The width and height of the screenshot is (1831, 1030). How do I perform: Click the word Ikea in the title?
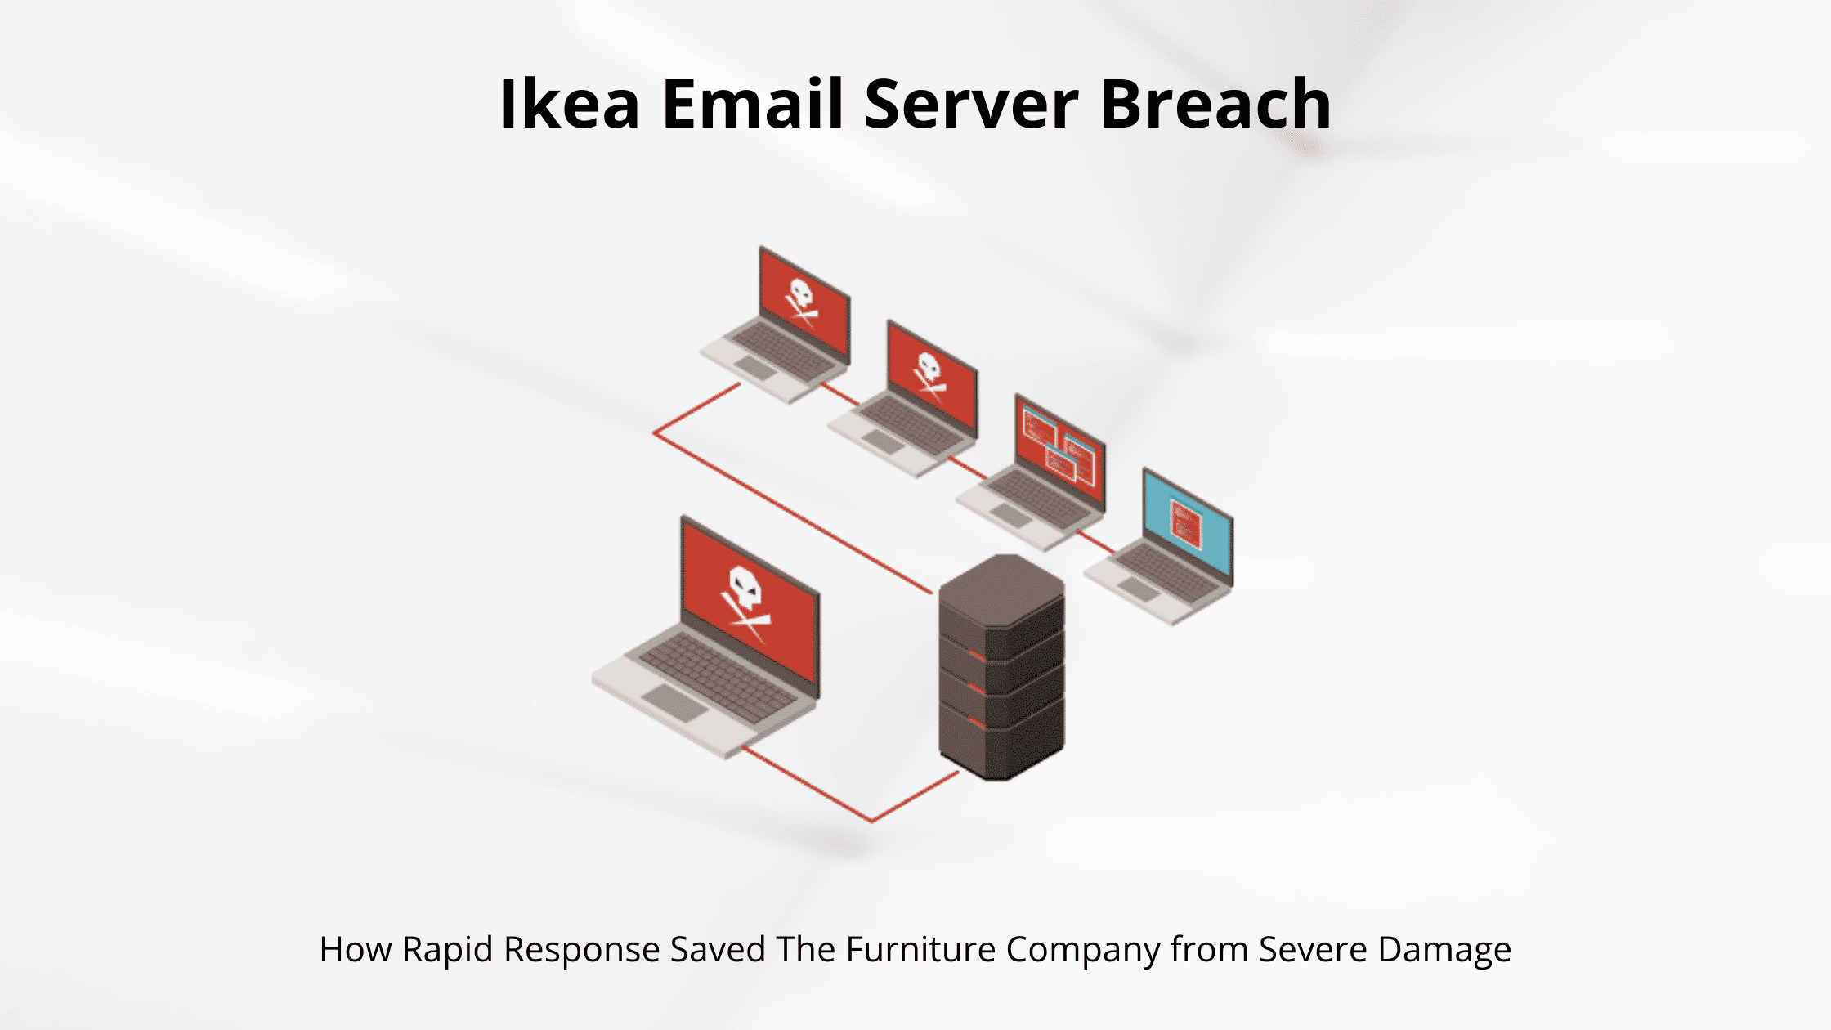click(x=569, y=105)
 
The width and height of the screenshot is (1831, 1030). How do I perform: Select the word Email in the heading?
click(x=752, y=105)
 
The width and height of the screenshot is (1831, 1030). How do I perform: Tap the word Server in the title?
click(x=971, y=105)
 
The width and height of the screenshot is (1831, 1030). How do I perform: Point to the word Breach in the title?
click(x=1215, y=105)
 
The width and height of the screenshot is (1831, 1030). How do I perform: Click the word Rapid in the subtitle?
click(x=449, y=950)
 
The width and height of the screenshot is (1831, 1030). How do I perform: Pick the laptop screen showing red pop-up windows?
click(x=1059, y=450)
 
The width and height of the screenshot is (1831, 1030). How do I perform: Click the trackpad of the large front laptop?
click(x=675, y=702)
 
